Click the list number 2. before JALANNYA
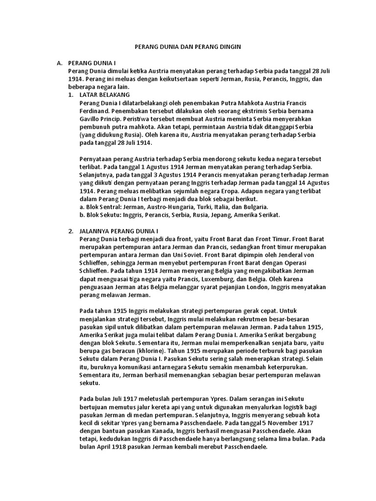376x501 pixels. [x=70, y=230]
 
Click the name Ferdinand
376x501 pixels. [x=94, y=112]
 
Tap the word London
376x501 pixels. [x=274, y=287]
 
